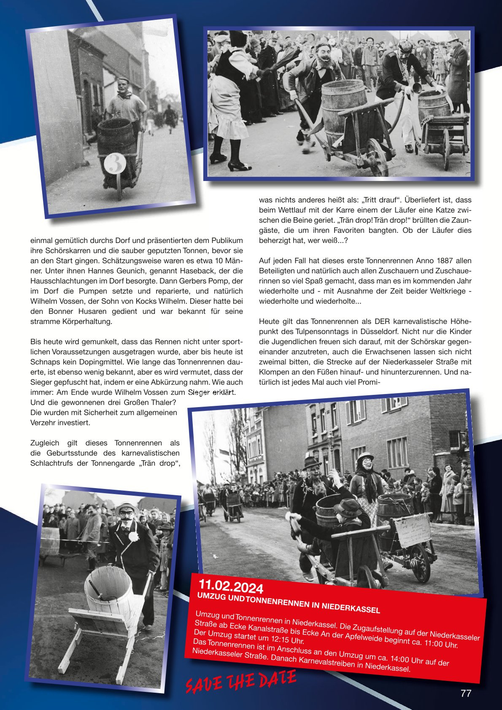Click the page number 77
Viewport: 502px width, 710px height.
click(x=466, y=693)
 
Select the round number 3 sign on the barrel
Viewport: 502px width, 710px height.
click(x=115, y=163)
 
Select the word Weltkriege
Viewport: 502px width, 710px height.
click(x=448, y=291)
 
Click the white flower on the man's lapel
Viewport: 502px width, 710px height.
click(x=133, y=537)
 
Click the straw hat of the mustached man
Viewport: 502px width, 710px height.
click(x=127, y=508)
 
